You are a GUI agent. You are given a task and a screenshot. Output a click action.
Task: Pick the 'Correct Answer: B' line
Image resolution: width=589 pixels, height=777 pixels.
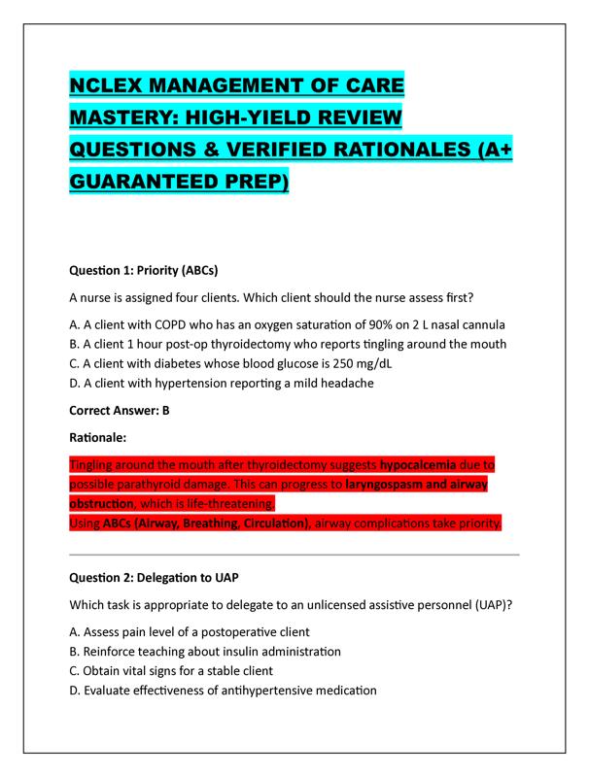click(x=120, y=410)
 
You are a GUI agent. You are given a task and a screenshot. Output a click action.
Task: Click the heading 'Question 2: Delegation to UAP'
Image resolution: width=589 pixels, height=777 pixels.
click(x=156, y=577)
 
